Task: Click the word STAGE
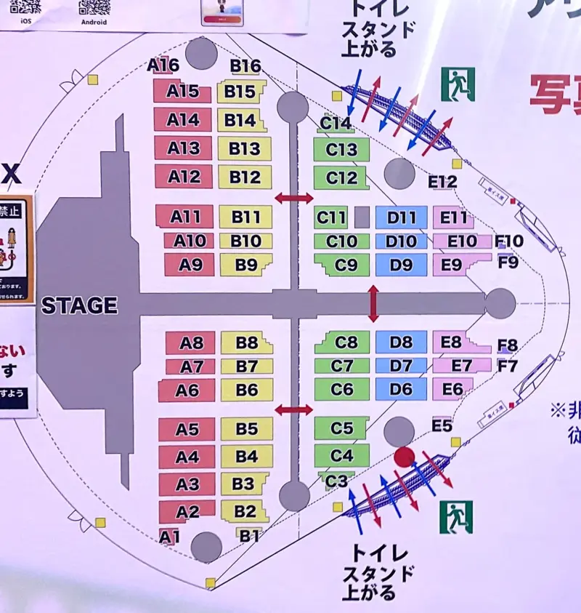tap(79, 305)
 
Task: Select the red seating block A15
tap(182, 91)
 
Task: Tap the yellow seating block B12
tap(245, 176)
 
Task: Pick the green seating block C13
tap(341, 150)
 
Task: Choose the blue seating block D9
tap(401, 265)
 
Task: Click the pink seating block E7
tap(460, 366)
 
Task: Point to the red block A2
tap(187, 511)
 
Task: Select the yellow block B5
tap(247, 429)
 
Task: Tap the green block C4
tap(341, 456)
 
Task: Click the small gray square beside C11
tap(362, 217)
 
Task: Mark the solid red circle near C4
tap(405, 457)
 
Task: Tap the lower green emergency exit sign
tap(456, 517)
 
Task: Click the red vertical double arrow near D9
tap(373, 304)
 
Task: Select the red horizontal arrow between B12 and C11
tap(293, 198)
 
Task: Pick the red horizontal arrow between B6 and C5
tap(293, 410)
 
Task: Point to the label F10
tap(508, 241)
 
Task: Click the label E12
tap(442, 182)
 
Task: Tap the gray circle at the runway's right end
tap(500, 303)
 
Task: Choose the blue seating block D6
tap(401, 389)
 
